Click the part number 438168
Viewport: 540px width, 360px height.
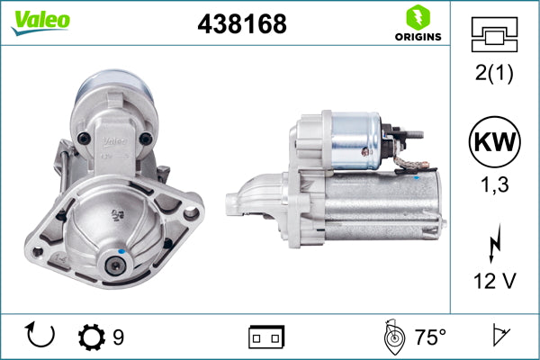pos(241,25)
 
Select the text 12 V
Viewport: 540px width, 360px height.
pos(494,282)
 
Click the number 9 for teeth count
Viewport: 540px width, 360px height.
pos(118,337)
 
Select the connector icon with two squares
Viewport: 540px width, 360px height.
pos(266,337)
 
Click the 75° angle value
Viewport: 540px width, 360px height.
pos(429,337)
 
